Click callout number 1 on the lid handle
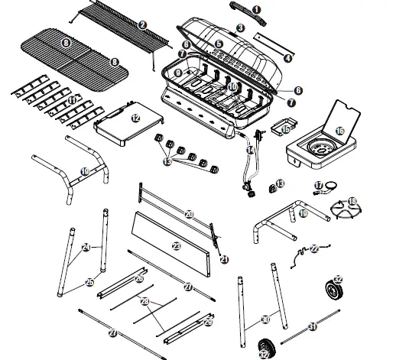coord(257,9)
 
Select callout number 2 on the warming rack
coord(142,24)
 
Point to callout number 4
coord(287,57)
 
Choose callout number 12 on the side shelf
coord(135,118)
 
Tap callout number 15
coord(284,130)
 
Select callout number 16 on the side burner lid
coord(339,131)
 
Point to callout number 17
coord(319,184)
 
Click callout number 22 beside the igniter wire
coord(313,248)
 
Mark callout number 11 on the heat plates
coord(72,100)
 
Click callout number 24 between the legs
coord(86,246)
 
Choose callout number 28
coord(144,302)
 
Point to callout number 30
coord(265,319)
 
